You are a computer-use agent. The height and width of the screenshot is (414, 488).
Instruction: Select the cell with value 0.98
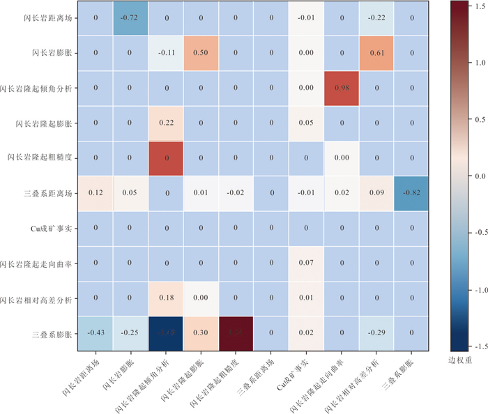341,89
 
